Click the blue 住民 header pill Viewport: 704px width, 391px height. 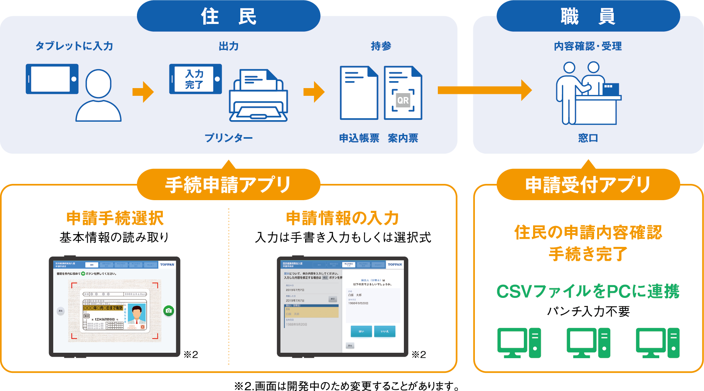tap(228, 16)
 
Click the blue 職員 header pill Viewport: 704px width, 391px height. tap(588, 16)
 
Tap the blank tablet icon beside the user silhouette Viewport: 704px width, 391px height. tap(52, 79)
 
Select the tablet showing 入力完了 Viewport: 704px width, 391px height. tap(196, 79)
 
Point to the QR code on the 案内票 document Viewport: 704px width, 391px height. tap(403, 100)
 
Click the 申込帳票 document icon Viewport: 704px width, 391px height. tap(359, 93)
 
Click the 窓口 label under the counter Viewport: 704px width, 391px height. tap(588, 138)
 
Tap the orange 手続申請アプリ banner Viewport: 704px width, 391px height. tap(228, 185)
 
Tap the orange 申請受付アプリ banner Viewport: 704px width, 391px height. tap(588, 185)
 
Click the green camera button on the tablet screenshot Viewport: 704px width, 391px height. tap(169, 311)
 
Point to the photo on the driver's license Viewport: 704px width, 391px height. tap(137, 314)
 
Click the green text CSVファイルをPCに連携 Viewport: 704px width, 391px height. tap(588, 291)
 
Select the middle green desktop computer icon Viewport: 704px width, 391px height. tap(588, 343)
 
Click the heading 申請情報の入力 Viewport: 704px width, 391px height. tap(343, 218)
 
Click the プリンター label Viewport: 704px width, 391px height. tap(228, 138)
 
